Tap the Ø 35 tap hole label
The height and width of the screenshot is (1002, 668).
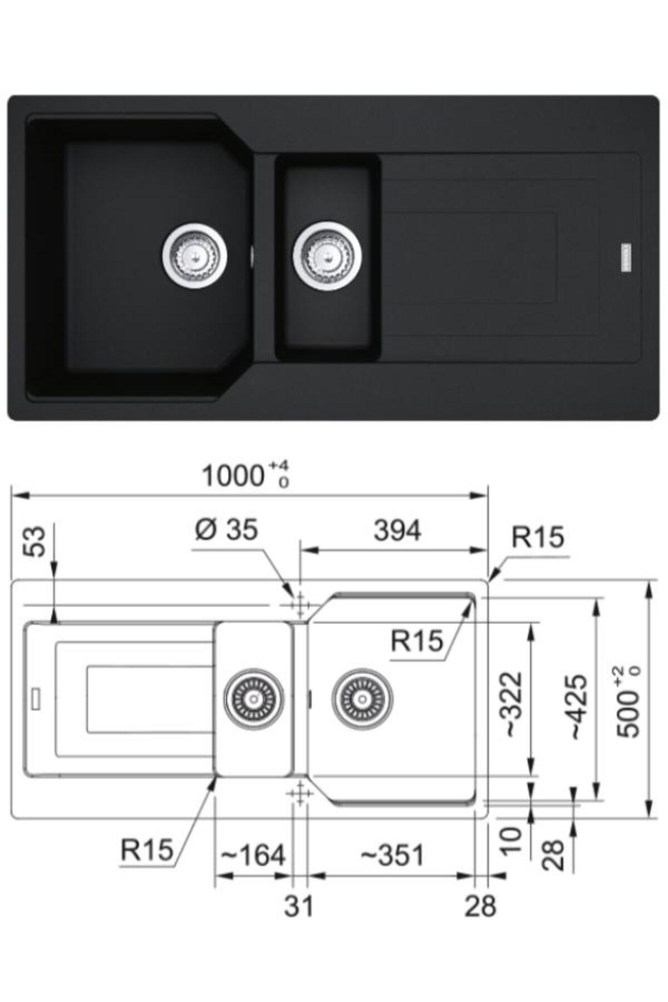click(226, 530)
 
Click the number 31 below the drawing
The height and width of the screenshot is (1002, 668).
click(299, 906)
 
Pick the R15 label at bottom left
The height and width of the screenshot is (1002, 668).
click(146, 850)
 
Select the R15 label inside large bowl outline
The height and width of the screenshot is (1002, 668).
click(417, 641)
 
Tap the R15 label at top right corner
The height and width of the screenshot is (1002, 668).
click(538, 537)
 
